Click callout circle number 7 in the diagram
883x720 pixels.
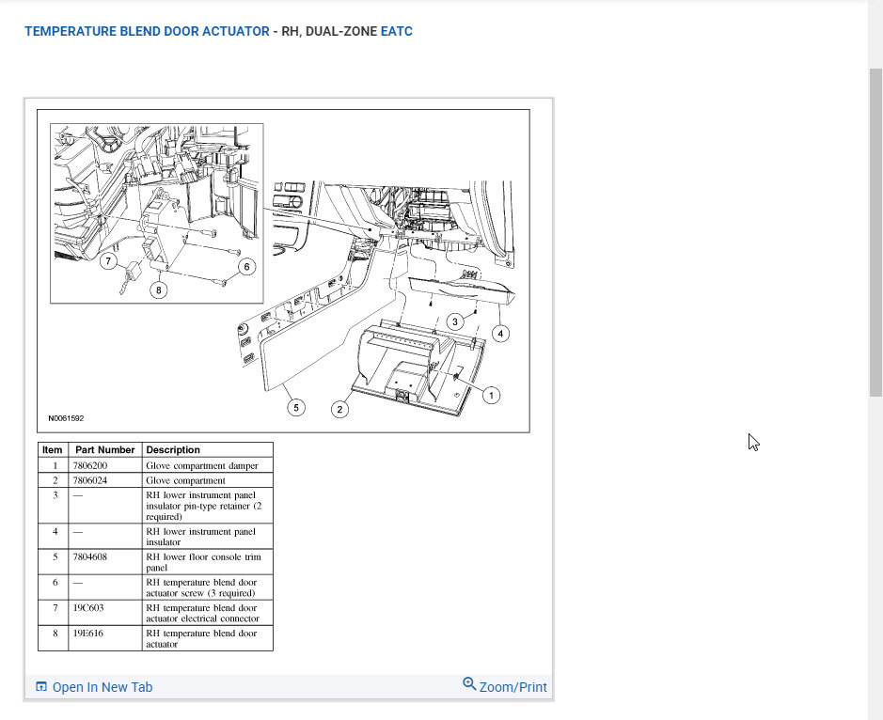(x=108, y=261)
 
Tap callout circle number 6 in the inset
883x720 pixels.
(x=246, y=266)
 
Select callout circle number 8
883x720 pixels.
(x=159, y=290)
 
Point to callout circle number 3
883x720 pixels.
(x=455, y=321)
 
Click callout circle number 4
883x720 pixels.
(x=500, y=334)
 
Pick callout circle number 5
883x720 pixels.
(x=296, y=407)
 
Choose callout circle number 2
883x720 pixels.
(x=339, y=409)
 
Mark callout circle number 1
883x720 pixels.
(x=491, y=395)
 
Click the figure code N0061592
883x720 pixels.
(x=66, y=418)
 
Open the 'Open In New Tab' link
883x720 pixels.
(x=94, y=687)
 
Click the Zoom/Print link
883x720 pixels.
(x=505, y=686)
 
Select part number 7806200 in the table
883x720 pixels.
(x=90, y=465)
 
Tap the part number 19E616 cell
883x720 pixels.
(x=87, y=634)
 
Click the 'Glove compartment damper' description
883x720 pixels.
(x=202, y=466)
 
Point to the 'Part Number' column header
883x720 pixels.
(x=104, y=450)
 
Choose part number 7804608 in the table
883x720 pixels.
(x=90, y=556)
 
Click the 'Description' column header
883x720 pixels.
(x=173, y=450)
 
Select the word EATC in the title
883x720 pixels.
(x=397, y=31)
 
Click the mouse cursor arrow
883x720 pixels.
(x=753, y=442)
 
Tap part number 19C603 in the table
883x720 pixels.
(x=88, y=608)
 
